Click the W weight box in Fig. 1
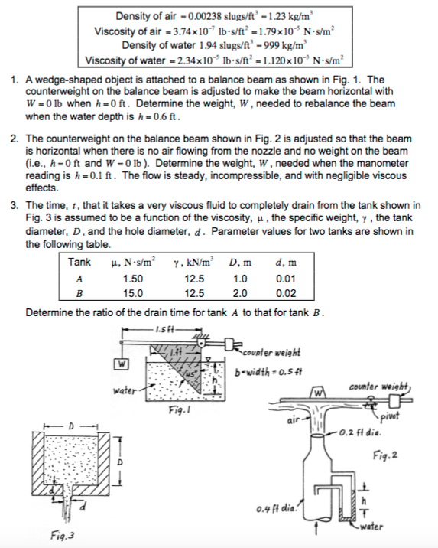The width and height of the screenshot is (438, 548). [121, 363]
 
